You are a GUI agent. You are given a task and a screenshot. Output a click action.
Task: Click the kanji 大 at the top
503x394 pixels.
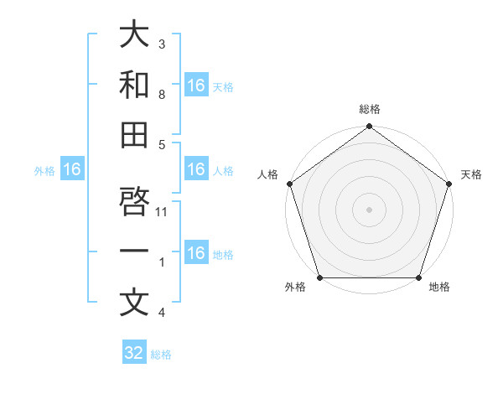134,36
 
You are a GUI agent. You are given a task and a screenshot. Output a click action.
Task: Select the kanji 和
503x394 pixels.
134,85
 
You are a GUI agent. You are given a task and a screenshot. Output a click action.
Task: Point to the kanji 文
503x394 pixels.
134,303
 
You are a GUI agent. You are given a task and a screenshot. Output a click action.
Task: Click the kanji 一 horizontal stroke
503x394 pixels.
134,252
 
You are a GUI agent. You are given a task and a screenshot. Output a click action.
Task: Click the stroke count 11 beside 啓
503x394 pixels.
163,213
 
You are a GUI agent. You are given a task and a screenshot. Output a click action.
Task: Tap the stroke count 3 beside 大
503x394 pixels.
162,44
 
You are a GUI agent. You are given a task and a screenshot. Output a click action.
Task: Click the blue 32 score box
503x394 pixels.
134,353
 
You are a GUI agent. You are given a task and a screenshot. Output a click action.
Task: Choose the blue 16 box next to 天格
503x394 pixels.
195,85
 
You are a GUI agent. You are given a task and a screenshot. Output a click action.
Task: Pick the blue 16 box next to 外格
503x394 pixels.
72,169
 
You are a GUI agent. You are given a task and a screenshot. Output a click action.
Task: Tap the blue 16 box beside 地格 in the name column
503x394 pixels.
195,253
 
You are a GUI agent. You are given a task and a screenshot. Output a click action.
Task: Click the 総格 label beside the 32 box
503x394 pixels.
161,355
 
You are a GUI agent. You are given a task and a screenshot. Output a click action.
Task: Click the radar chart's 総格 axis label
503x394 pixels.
369,110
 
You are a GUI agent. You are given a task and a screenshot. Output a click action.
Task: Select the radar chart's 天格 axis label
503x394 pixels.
471,174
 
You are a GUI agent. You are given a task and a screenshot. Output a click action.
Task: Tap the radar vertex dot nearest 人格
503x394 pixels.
290,184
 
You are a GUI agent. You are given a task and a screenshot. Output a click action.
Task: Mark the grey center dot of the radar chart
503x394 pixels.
369,210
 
